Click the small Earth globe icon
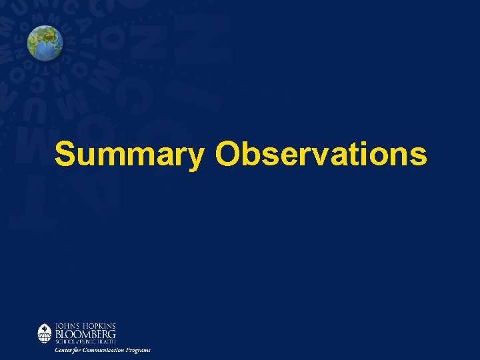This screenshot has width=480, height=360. [x=45, y=43]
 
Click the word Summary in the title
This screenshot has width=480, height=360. [x=130, y=155]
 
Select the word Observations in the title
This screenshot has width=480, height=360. [x=321, y=155]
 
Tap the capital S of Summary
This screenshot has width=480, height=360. [x=65, y=155]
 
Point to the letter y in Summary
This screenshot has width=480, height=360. [x=196, y=157]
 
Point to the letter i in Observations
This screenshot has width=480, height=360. [x=367, y=155]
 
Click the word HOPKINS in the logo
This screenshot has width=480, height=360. [x=99, y=325]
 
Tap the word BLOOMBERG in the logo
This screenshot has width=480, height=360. [x=85, y=333]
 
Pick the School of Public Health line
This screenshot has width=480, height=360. [x=85, y=341]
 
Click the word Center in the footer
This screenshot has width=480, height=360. [x=64, y=350]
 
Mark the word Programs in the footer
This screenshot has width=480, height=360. [x=139, y=350]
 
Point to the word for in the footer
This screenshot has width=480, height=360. [x=79, y=350]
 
